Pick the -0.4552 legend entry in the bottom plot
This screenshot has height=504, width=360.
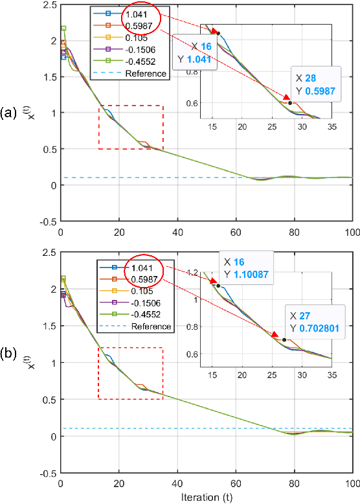coord(144,314)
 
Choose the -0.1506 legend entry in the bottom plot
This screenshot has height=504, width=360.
coord(144,303)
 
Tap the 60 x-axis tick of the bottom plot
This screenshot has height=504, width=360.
coord(236,484)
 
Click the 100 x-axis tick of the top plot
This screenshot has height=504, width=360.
coord(352,233)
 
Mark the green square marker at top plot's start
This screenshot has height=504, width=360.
coord(63,29)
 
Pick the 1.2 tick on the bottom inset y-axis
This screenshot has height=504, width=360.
coord(196,273)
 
